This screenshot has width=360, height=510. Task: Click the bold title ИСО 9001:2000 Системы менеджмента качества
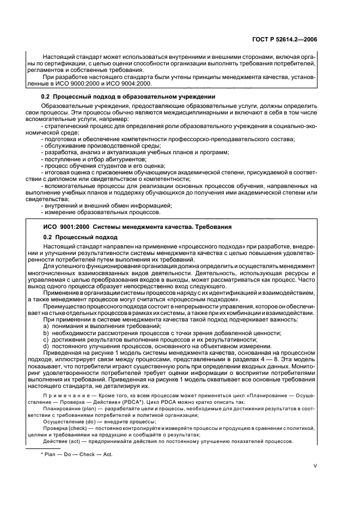pos(138,226)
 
